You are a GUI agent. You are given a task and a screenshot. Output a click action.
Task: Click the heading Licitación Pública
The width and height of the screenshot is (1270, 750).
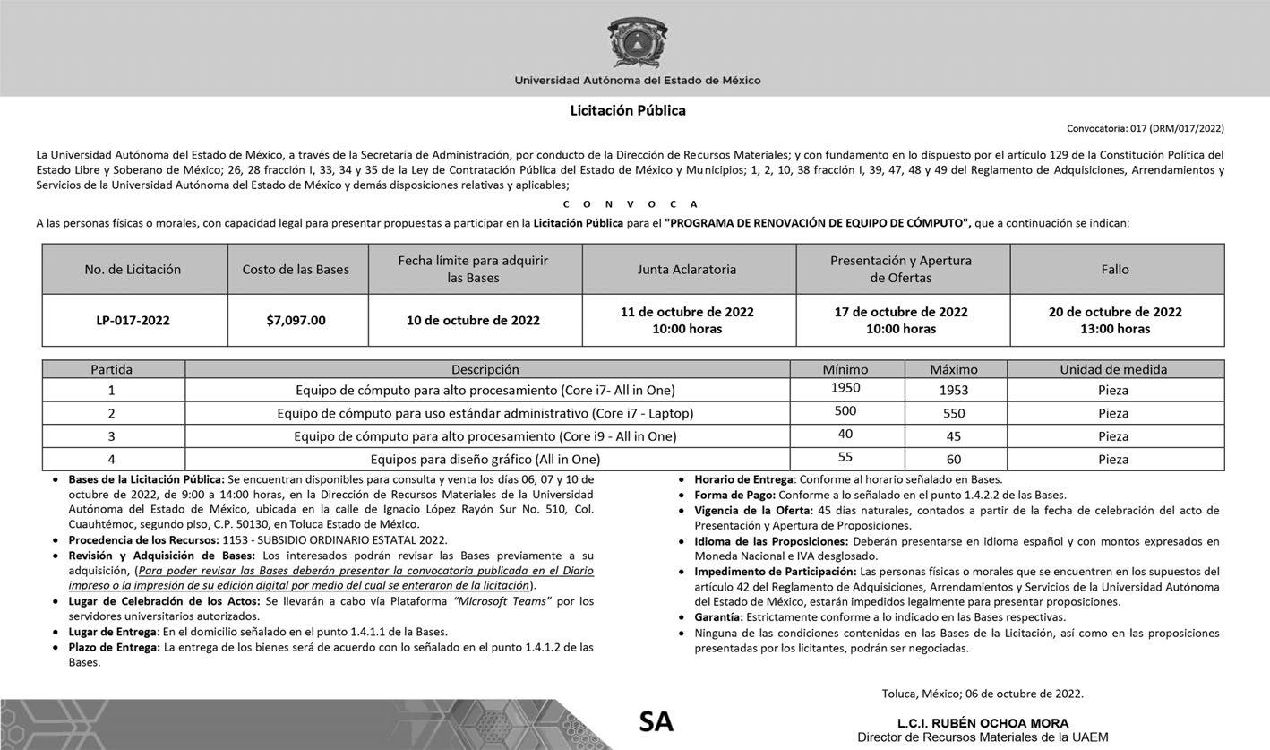click(x=628, y=110)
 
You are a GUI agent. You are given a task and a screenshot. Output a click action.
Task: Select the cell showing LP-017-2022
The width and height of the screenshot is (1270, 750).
click(x=133, y=320)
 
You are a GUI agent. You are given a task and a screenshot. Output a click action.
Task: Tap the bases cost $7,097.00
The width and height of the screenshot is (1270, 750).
click(x=296, y=320)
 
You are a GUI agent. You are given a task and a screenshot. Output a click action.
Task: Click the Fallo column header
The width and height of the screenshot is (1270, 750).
click(x=1115, y=269)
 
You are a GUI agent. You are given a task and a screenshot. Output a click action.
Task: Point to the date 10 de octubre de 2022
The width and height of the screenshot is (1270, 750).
click(x=474, y=320)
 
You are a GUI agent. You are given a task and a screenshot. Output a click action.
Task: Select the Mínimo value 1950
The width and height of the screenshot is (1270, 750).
click(x=845, y=388)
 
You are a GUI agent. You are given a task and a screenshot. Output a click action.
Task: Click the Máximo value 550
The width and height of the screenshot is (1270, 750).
click(x=954, y=413)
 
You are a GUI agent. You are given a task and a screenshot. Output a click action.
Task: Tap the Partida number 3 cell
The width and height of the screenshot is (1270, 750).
click(x=112, y=436)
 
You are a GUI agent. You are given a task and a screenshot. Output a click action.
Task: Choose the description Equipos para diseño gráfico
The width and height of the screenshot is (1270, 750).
click(x=485, y=459)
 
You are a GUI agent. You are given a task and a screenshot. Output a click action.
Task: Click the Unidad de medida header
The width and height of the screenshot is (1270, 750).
click(x=1113, y=368)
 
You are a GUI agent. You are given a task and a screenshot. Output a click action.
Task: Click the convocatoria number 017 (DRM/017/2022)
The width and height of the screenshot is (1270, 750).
click(x=1145, y=128)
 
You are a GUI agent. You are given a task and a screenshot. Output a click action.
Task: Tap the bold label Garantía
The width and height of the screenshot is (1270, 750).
click(x=718, y=616)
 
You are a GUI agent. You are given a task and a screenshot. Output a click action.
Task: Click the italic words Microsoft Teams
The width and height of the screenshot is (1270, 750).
click(x=502, y=600)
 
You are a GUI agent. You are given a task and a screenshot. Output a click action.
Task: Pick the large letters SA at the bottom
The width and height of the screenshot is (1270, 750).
click(x=656, y=722)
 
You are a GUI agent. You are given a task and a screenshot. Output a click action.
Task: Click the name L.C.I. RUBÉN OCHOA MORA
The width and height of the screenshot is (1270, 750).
click(x=983, y=723)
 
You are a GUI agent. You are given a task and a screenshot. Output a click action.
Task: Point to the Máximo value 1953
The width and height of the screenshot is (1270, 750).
click(x=954, y=390)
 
